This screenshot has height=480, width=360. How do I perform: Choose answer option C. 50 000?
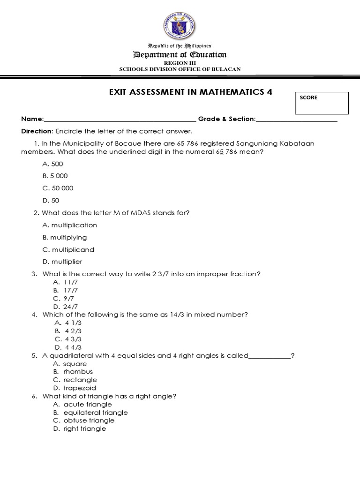58,188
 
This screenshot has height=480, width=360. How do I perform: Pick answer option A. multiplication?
69,225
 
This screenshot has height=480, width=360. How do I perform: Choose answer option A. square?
70,364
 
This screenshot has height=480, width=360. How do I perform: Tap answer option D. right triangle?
80,428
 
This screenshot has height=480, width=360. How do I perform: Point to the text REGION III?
180,62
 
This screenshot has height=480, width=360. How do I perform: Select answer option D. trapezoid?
75,388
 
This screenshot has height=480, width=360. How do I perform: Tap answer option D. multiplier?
62,262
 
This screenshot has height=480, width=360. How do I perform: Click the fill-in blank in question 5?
270,356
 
